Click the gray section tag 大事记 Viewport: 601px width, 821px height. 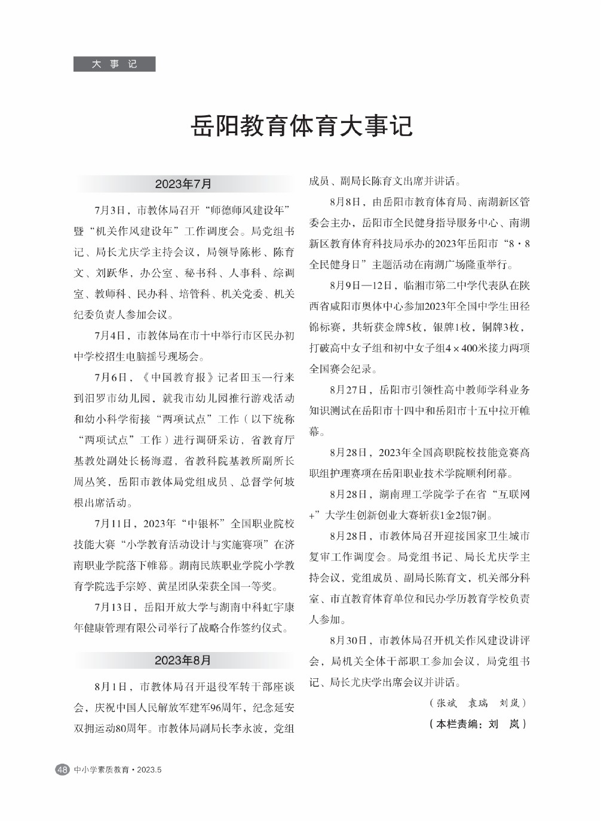pyautogui.click(x=114, y=64)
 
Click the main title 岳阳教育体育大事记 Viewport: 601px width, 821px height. pyautogui.click(x=301, y=127)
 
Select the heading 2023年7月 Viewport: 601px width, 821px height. pyautogui.click(x=183, y=184)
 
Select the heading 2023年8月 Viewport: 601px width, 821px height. pyautogui.click(x=183, y=660)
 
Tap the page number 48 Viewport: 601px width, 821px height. pyautogui.click(x=62, y=770)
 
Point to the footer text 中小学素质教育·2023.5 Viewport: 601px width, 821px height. pyautogui.click(x=118, y=770)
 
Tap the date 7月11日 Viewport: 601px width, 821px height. pyautogui.click(x=112, y=524)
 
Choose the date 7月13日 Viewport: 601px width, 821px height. pyautogui.click(x=112, y=607)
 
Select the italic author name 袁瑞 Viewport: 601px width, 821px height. pyautogui.click(x=478, y=703)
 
